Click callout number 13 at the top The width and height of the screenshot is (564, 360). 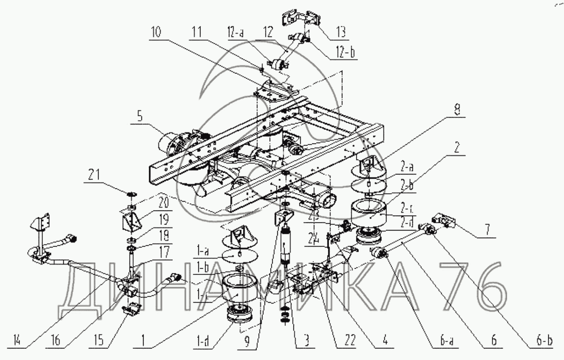pos(340,32)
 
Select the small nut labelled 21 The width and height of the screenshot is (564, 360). pos(131,195)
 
